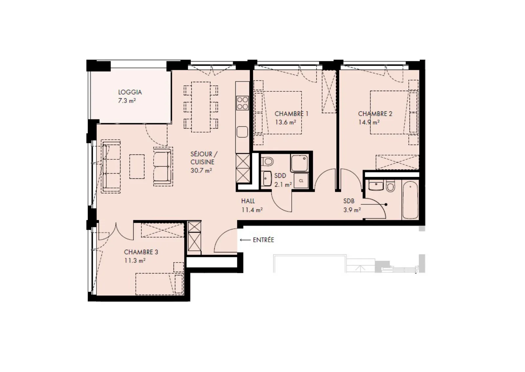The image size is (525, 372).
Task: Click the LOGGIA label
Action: tap(130, 92)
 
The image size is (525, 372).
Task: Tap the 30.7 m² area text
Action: tap(201, 171)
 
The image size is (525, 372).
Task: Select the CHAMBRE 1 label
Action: tap(292, 114)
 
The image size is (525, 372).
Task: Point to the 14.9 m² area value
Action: tap(369, 122)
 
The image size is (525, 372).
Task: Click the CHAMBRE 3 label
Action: tap(141, 252)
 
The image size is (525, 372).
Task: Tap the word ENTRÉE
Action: tap(263, 240)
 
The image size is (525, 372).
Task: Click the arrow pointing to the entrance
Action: tap(245, 240)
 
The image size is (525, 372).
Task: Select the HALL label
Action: tap(248, 201)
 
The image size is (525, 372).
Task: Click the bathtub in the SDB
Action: tap(410, 200)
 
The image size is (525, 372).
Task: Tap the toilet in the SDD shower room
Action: tap(267, 161)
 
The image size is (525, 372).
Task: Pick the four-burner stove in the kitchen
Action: tap(242, 103)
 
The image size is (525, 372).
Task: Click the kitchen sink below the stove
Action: tap(242, 132)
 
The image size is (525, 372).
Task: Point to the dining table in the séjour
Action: tap(201, 107)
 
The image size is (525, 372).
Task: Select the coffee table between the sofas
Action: tap(137, 166)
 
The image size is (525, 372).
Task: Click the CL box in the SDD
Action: tap(301, 180)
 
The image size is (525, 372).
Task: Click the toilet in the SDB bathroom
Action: tap(390, 186)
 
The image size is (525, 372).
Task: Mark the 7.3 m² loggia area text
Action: tap(127, 101)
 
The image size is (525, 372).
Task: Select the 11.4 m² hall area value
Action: tap(252, 210)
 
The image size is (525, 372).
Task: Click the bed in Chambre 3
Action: tap(159, 284)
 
